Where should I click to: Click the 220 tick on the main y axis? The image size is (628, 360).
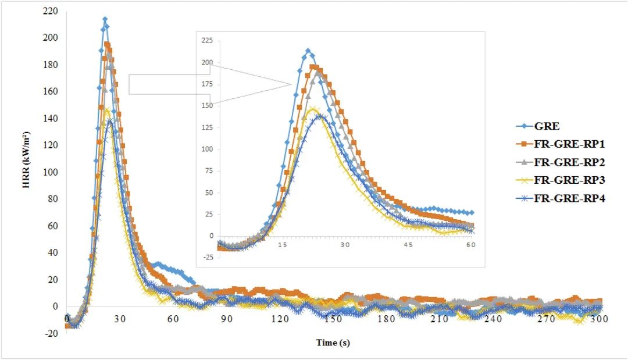(51, 11)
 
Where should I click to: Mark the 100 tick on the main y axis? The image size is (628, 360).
(51, 172)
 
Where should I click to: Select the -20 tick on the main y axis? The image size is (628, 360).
(51, 333)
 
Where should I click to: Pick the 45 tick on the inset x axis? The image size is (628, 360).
(408, 245)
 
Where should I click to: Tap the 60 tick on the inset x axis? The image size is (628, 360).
(470, 245)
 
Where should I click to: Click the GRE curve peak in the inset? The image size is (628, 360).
(308, 51)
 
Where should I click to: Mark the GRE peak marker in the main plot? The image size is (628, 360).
(105, 19)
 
